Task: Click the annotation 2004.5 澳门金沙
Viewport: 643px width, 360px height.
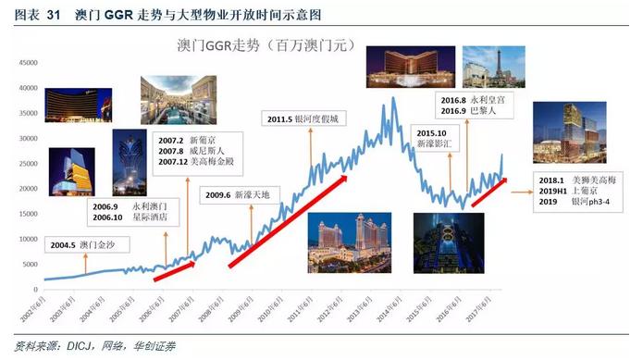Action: [x=83, y=245]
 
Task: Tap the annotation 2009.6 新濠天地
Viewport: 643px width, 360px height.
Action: [x=236, y=194]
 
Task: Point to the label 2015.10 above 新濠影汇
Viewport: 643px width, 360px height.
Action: [x=425, y=132]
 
